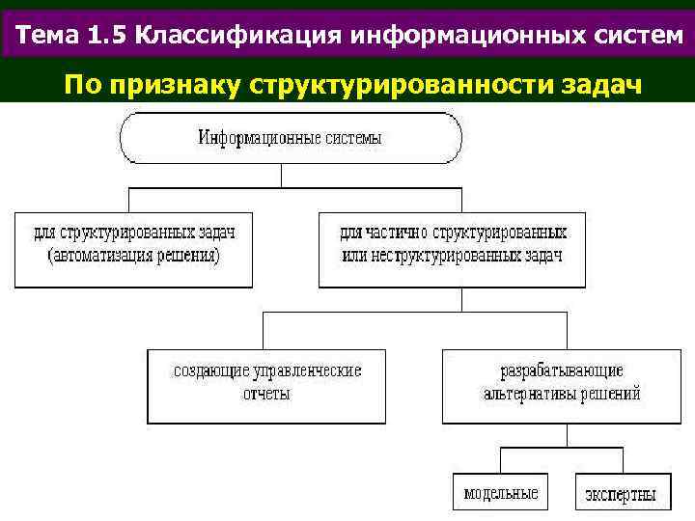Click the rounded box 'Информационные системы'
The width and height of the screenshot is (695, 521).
(x=290, y=138)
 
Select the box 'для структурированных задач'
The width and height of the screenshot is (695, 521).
(x=133, y=249)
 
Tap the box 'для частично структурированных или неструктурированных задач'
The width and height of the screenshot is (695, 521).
(x=452, y=249)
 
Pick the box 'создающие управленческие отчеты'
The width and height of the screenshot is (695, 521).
(x=266, y=386)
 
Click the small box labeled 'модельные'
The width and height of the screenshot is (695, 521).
(x=500, y=493)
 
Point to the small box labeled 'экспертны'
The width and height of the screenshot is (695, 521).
(x=621, y=493)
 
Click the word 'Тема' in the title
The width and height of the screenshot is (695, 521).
(x=48, y=36)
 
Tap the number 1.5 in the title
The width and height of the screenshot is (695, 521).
(x=108, y=36)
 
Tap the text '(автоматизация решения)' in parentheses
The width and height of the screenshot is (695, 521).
(x=133, y=258)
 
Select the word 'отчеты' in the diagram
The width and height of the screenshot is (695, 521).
(x=266, y=395)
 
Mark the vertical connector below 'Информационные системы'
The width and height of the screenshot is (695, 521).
(x=281, y=175)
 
